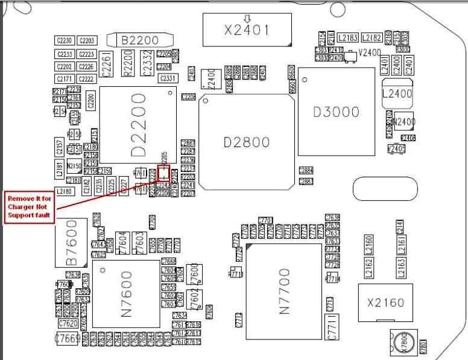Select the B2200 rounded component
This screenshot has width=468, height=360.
click(x=140, y=40)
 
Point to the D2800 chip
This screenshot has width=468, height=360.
click(x=246, y=142)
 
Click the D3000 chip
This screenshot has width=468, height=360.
click(x=337, y=112)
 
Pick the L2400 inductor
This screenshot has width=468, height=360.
click(x=397, y=94)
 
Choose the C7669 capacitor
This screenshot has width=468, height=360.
click(x=68, y=339)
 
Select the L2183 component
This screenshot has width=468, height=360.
click(x=348, y=38)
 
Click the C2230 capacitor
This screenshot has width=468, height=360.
click(x=65, y=40)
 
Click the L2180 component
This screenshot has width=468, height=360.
click(x=66, y=192)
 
